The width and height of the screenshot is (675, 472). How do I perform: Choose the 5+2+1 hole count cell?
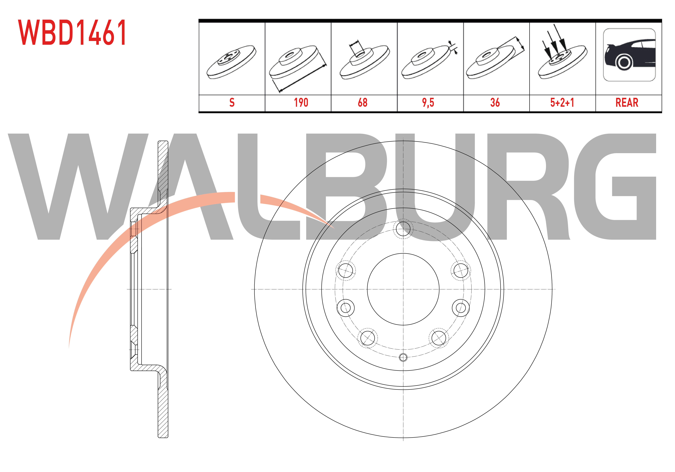562,102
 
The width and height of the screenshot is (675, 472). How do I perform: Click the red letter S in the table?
232,102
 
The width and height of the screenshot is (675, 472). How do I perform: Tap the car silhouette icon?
629,55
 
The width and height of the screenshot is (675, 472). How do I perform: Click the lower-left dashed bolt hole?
367,338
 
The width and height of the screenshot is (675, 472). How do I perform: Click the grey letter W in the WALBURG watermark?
78,187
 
